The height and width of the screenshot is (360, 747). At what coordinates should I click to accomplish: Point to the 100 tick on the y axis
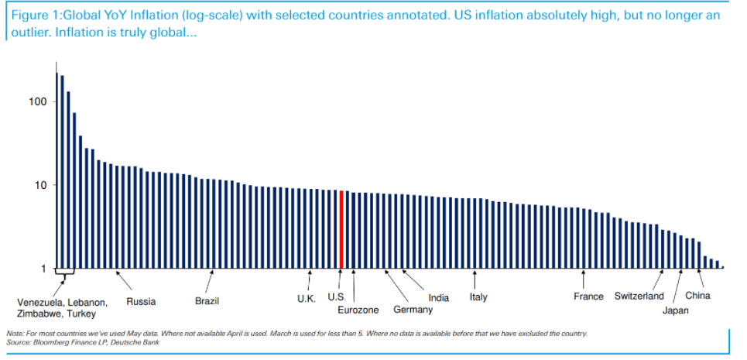click(38, 102)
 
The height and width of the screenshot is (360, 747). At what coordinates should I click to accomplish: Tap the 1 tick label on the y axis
click(43, 269)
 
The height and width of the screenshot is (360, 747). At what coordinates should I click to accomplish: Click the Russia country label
click(141, 301)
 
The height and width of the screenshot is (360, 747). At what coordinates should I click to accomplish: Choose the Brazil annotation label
click(207, 301)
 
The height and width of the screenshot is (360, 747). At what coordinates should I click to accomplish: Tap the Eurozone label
click(358, 310)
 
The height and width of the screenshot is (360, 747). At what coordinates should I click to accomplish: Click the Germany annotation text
click(413, 310)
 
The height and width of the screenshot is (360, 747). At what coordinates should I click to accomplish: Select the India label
click(438, 298)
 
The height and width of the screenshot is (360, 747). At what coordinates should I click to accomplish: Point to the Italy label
click(478, 297)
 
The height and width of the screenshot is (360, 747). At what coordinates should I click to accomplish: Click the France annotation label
click(588, 297)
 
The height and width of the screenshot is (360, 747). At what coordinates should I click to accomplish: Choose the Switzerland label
click(639, 297)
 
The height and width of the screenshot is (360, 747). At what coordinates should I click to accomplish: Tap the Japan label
click(675, 310)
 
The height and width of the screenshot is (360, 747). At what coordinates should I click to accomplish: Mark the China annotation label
click(697, 296)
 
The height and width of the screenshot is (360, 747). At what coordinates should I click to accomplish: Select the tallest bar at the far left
click(57, 170)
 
